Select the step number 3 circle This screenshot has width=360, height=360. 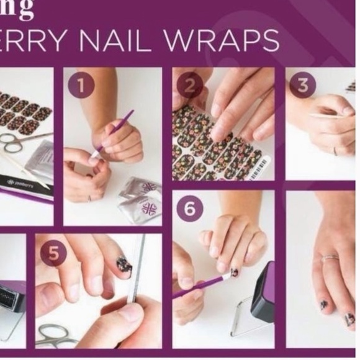tap(302, 84)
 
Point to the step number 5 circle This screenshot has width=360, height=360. tap(53, 254)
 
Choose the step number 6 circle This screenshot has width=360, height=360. tap(189, 209)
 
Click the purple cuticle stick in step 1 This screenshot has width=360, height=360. tap(112, 133)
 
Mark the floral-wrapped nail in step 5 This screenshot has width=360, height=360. tap(124, 264)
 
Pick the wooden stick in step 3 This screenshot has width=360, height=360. tap(328, 116)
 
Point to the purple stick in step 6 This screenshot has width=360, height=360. tap(199, 286)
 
